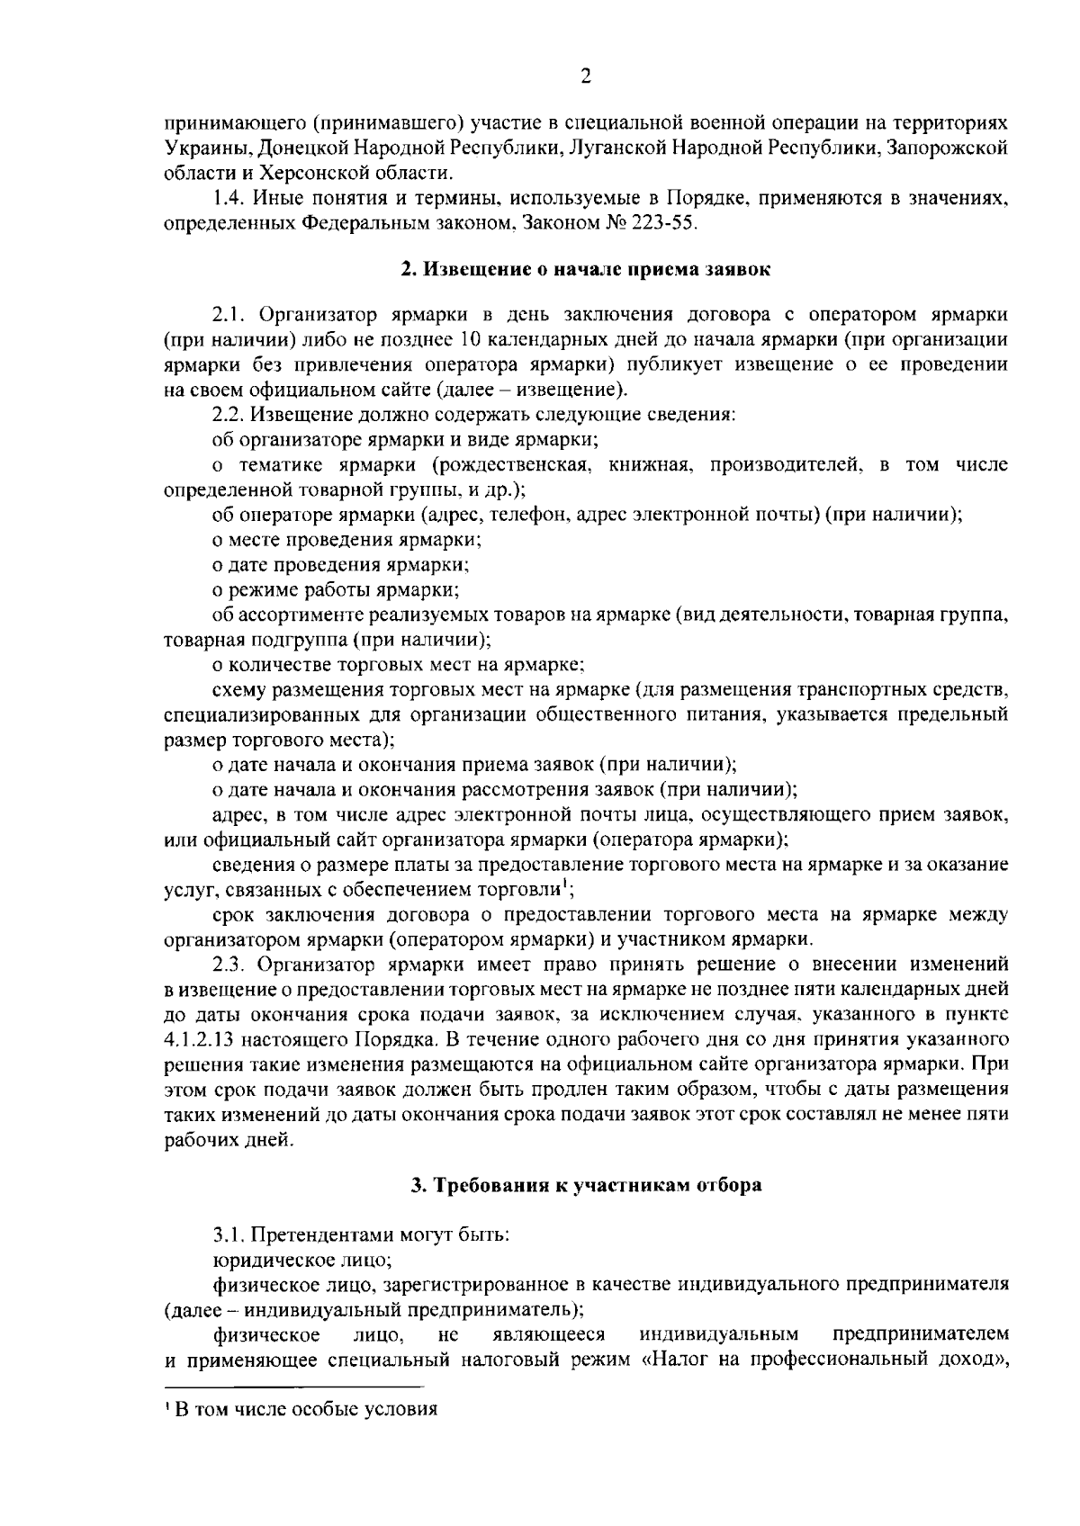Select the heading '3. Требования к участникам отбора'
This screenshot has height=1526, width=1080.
586,1185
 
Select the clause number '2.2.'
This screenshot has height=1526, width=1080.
229,415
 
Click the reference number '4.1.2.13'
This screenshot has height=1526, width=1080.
197,1040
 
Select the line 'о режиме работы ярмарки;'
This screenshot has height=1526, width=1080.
336,590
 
